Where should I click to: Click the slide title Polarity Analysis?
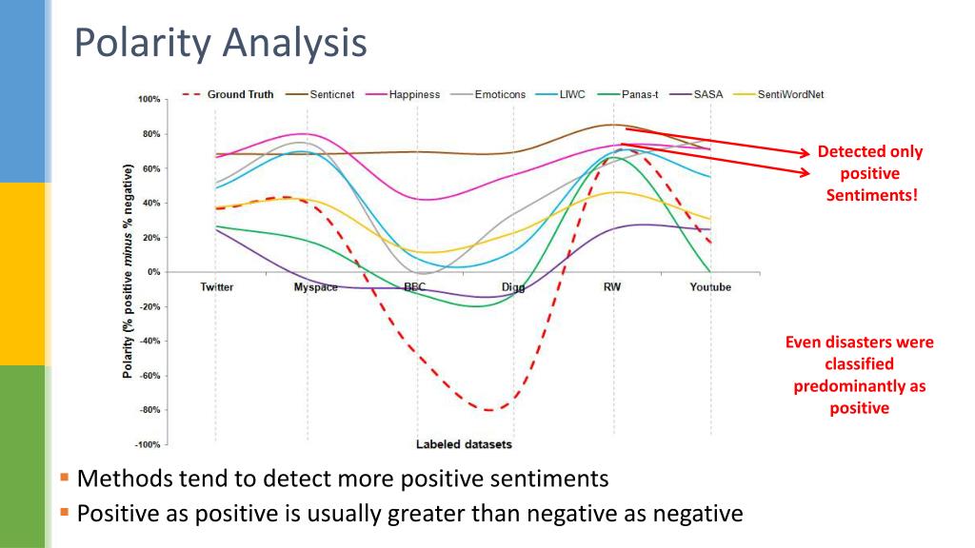[220, 44]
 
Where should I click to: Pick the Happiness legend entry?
[414, 94]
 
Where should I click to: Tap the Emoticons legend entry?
[499, 94]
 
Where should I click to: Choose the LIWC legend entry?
[572, 94]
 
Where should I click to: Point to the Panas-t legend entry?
[639, 94]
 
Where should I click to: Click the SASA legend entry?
[706, 94]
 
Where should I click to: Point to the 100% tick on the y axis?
[149, 99]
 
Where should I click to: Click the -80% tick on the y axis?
[149, 410]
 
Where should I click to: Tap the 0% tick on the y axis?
[153, 272]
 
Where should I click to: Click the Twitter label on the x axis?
[217, 287]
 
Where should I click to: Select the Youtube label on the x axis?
[710, 287]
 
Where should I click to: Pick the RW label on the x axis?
[611, 287]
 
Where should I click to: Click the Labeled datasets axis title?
[464, 444]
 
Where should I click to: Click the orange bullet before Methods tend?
[65, 478]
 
